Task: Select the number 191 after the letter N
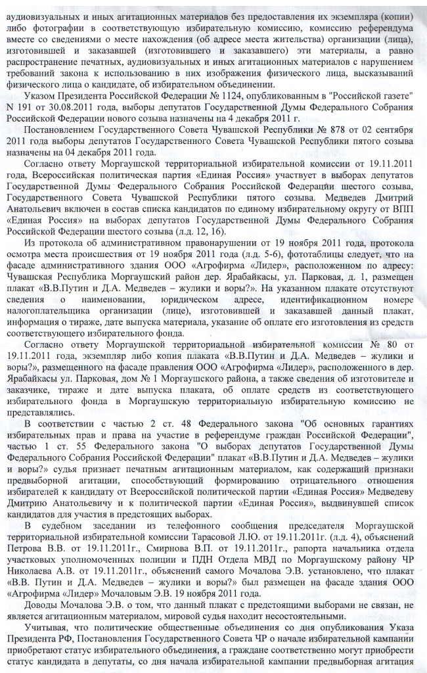pos(33,108)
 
